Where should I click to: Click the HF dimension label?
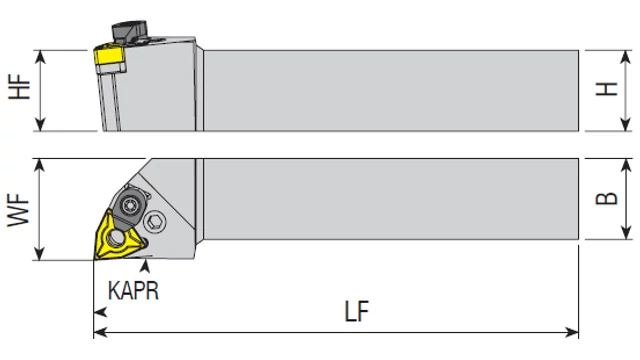[19, 87]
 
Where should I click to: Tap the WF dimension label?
[19, 210]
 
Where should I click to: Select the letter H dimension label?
[607, 89]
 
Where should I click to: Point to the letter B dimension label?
[607, 198]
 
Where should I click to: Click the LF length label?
[357, 311]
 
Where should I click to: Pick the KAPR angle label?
[133, 291]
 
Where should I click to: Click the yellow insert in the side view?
[109, 56]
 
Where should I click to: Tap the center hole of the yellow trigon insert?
[117, 237]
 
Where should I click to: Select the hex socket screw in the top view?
[155, 222]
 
